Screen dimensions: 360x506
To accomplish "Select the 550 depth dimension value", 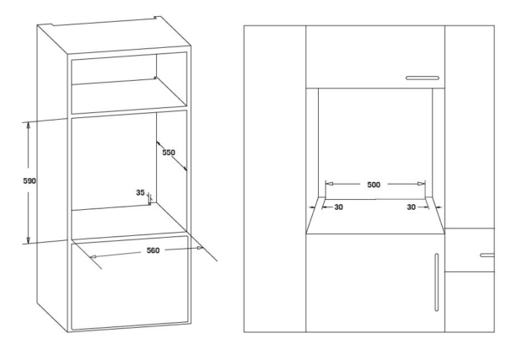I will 168,154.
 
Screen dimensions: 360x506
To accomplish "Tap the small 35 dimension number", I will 141,192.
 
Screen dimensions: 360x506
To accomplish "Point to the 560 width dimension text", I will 153,250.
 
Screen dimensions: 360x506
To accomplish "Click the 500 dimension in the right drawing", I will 374,183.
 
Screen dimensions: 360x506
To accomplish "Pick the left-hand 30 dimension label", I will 337,206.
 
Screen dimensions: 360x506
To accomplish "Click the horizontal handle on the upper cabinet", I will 422,78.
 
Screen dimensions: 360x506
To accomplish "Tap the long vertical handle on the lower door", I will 436,282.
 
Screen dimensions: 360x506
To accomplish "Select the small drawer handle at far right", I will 487,254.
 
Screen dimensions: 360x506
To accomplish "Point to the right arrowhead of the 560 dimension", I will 201,248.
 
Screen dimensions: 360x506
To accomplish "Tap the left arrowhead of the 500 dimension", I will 330,183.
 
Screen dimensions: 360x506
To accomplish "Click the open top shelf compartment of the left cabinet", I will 126,84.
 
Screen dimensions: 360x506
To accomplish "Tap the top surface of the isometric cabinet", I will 118,25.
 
